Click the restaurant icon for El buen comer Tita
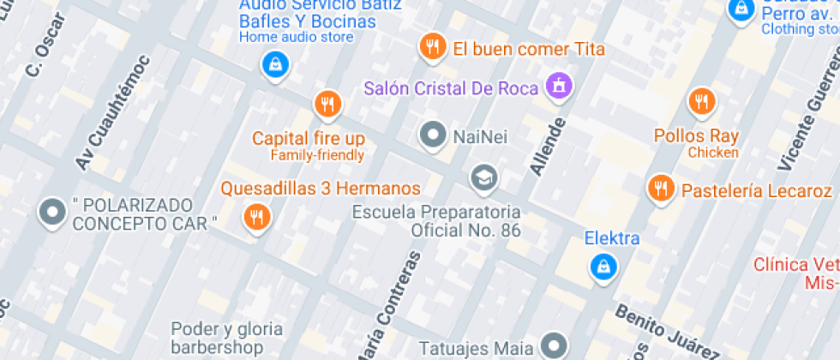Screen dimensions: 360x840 click(432, 47)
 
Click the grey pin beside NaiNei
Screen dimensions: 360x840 click(433, 134)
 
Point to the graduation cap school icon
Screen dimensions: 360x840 click(483, 177)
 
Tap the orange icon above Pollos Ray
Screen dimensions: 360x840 click(701, 102)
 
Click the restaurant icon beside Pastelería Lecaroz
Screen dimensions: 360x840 click(659, 187)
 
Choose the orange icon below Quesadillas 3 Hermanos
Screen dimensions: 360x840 click(255, 216)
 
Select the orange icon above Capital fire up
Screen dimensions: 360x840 click(326, 105)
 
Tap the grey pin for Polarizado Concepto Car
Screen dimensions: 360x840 click(53, 211)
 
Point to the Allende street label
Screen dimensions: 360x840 click(549, 147)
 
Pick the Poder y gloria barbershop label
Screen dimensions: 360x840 click(226, 338)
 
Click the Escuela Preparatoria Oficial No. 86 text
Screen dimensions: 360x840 click(442, 220)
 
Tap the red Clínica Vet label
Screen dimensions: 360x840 click(796, 273)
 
